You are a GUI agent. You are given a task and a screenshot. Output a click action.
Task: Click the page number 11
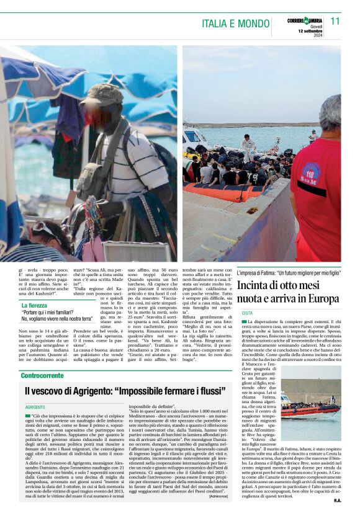[335, 20]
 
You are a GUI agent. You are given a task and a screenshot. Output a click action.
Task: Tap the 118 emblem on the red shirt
[311, 176]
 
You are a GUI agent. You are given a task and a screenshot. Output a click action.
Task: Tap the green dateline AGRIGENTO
[35, 406]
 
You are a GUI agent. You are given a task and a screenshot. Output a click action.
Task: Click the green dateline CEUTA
[247, 313]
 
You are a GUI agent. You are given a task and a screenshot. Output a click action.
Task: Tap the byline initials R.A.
[337, 500]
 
